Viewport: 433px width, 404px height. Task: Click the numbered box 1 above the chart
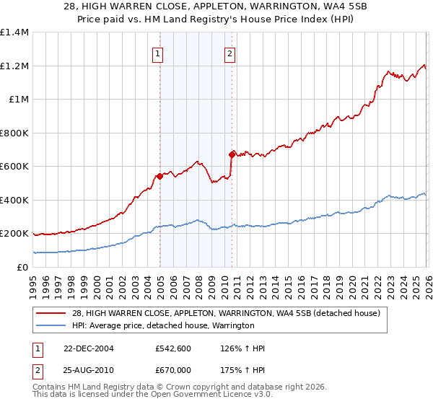(x=157, y=53)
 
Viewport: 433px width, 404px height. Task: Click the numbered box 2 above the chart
(x=229, y=53)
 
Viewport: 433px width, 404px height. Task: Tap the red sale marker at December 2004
(x=159, y=176)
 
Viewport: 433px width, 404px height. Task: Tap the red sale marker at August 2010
(x=232, y=154)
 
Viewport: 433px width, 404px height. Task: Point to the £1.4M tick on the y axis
(x=14, y=32)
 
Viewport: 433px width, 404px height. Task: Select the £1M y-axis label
(x=19, y=100)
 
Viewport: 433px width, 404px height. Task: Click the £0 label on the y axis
(x=22, y=267)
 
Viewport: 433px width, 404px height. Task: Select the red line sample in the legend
(x=51, y=313)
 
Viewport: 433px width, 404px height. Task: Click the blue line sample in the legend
(x=51, y=325)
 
